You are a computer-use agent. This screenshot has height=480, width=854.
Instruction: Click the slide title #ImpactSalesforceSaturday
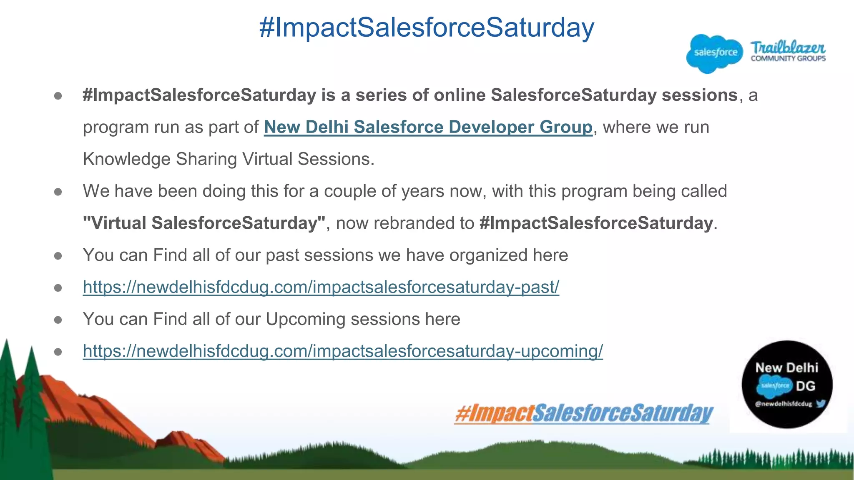click(x=427, y=27)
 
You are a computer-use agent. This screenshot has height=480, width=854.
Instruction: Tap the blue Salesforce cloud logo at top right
click(x=715, y=53)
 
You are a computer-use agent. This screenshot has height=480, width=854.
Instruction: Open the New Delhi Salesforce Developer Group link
click(x=428, y=127)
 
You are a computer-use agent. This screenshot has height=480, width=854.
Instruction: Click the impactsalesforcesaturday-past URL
click(x=321, y=287)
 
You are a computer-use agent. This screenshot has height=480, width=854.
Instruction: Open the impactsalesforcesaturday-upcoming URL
click(x=342, y=351)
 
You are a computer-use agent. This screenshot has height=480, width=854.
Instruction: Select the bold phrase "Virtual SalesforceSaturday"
click(x=204, y=223)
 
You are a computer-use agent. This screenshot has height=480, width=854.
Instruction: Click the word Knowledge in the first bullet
click(x=127, y=159)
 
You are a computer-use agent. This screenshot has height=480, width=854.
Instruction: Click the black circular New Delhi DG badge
click(x=786, y=384)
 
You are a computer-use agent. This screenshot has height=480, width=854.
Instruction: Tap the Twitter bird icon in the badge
click(x=821, y=403)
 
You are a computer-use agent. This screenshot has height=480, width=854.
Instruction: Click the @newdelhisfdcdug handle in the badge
click(x=783, y=404)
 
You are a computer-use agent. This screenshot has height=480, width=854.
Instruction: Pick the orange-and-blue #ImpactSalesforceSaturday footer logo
click(x=584, y=413)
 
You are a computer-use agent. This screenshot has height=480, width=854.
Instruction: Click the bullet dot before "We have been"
click(x=58, y=192)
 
